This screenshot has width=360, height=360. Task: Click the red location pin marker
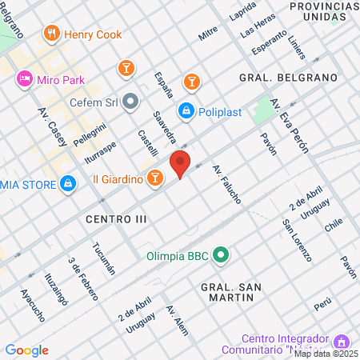pyautogui.click(x=181, y=164)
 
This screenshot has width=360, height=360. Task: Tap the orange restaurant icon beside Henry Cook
pyautogui.click(x=52, y=33)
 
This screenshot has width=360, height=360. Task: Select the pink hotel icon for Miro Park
pyautogui.click(x=24, y=78)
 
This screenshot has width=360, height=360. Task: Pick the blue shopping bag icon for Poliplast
pyautogui.click(x=186, y=110)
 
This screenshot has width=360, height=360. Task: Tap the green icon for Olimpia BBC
pyautogui.click(x=222, y=257)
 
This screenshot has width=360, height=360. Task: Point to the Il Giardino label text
pyautogui.click(x=117, y=179)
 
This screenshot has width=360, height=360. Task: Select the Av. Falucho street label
pyautogui.click(x=226, y=183)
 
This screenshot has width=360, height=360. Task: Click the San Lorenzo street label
pyautogui.click(x=296, y=241)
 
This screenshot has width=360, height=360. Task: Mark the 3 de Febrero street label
pyautogui.click(x=82, y=278)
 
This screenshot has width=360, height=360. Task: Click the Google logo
pyautogui.click(x=26, y=350)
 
